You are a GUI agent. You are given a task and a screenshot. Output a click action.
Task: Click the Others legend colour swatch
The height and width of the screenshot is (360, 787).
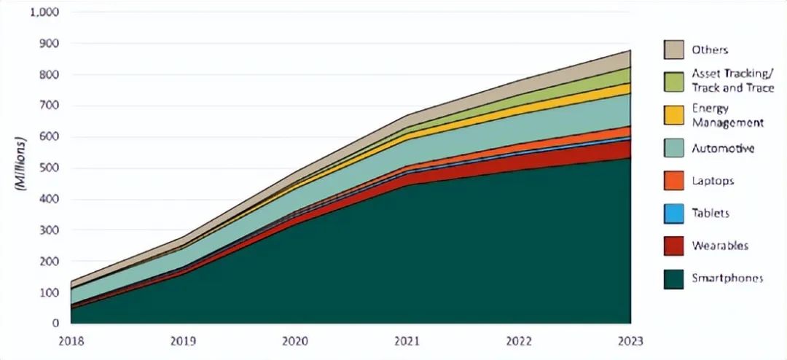[x=674, y=50]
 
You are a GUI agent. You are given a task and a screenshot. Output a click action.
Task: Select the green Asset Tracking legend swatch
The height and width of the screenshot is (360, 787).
[x=674, y=80]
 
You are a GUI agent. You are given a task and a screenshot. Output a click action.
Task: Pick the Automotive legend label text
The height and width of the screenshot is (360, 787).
[x=722, y=149]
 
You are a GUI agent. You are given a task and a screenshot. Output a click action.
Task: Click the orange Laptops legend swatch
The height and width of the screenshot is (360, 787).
[x=674, y=181]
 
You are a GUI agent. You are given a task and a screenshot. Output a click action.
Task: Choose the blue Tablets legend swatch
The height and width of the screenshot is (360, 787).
[x=674, y=214]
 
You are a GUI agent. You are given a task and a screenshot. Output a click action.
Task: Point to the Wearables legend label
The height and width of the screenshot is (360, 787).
[x=720, y=246]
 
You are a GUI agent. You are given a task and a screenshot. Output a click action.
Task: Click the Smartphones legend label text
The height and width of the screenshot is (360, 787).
[x=727, y=278]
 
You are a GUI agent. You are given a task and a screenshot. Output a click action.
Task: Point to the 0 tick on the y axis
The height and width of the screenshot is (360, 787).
[x=55, y=324]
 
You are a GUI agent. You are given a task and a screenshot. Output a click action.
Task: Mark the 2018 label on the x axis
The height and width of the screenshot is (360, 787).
[x=71, y=340]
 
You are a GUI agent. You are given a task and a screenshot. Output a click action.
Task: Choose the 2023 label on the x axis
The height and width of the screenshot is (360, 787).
[x=630, y=340]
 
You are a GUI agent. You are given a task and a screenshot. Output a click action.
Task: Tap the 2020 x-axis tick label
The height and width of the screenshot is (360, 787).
[x=294, y=340]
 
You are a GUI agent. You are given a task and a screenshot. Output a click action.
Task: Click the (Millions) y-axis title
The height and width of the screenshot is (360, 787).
[x=19, y=163]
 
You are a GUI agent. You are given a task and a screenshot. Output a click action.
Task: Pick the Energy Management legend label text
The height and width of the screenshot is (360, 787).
[x=728, y=116]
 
